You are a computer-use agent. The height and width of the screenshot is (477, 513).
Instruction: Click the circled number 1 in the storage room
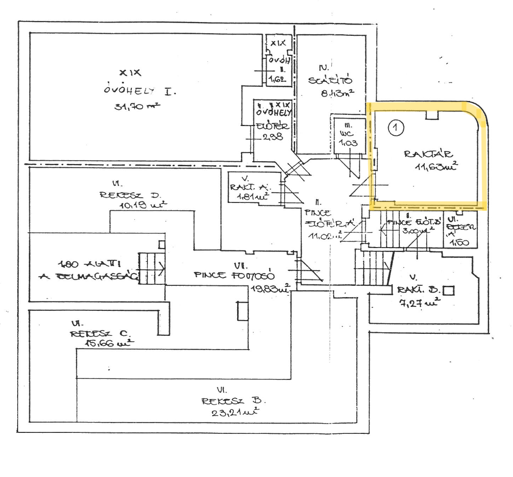click(x=396, y=128)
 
